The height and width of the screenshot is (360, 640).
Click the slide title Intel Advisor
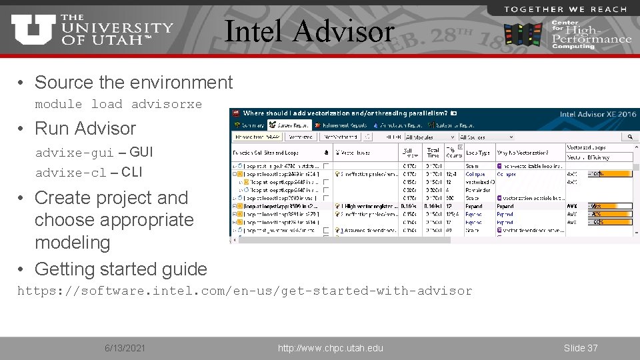309,31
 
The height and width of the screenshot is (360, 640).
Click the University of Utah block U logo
33,30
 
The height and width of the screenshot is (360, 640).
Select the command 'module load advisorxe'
118,105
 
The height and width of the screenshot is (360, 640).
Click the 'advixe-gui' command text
74,153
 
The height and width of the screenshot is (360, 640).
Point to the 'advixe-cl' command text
71,173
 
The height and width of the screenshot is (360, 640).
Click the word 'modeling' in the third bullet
72,243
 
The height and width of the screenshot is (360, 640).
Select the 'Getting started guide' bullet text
121,269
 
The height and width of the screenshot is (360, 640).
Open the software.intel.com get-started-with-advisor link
244,291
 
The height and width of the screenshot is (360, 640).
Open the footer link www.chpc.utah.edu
331,348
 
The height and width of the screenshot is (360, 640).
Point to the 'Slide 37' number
581,348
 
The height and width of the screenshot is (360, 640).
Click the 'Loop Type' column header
477,153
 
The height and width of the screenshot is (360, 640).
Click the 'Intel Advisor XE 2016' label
597,114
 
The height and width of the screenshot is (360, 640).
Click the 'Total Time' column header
433,153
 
